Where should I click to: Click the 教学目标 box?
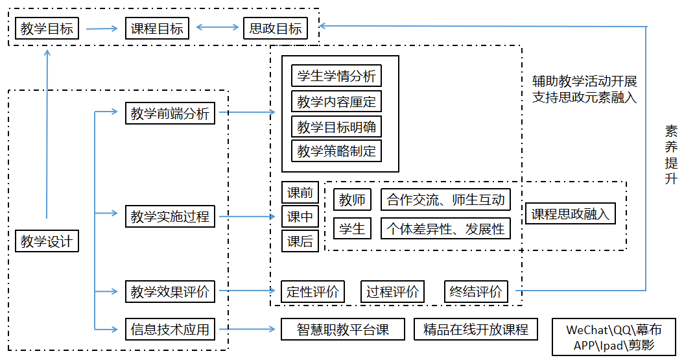tap(47, 29)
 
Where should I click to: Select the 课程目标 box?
tap(158, 29)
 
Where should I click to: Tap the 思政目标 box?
tap(276, 29)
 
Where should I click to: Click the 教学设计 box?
tap(47, 242)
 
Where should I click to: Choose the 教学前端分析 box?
tap(170, 114)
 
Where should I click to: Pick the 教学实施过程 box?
tap(170, 216)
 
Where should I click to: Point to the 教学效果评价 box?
tap(170, 292)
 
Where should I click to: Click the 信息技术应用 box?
tap(170, 330)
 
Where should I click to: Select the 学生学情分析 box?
tap(336, 76)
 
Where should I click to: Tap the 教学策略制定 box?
tap(336, 151)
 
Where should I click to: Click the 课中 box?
tap(300, 217)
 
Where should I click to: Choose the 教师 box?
tap(352, 200)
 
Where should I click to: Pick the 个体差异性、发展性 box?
tap(445, 228)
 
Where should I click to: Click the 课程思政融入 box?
tap(571, 214)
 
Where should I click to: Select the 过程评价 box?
tap(392, 292)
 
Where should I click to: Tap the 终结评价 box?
tap(477, 292)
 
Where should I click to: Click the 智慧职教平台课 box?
tap(343, 330)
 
